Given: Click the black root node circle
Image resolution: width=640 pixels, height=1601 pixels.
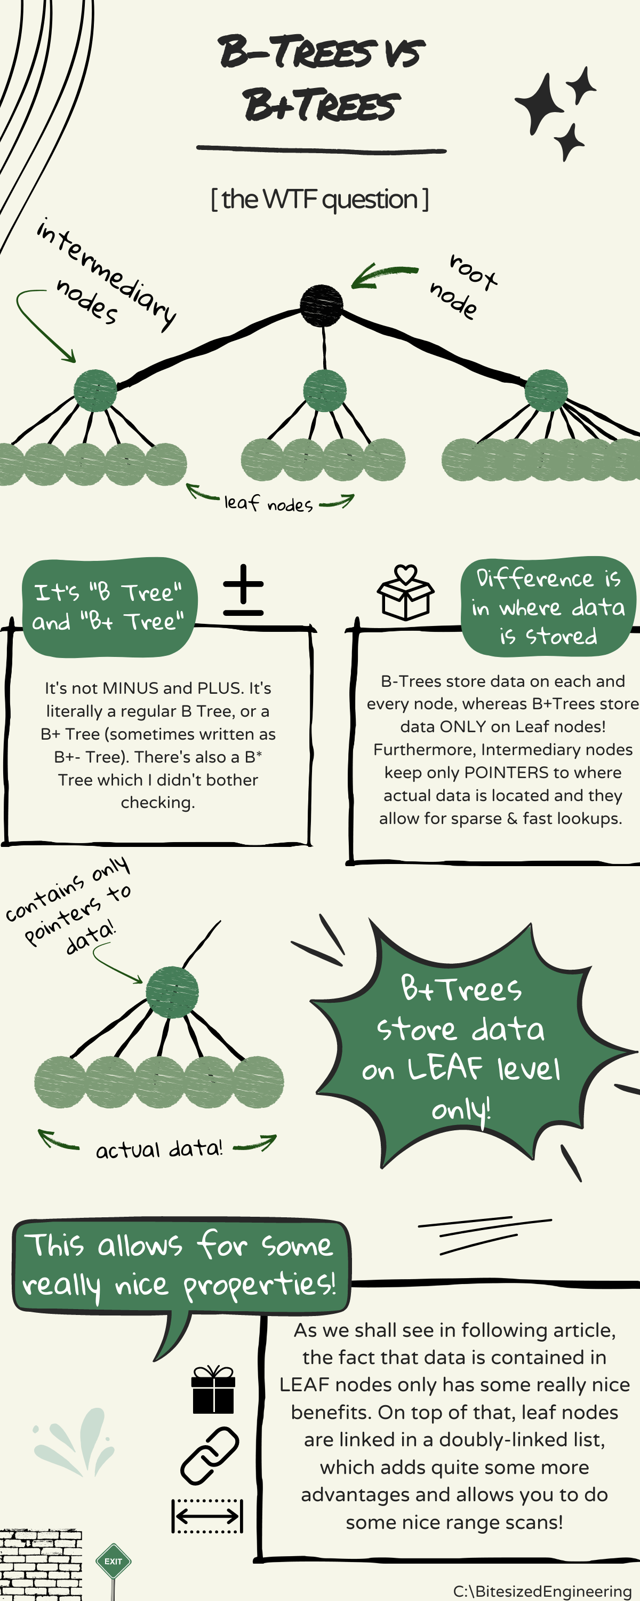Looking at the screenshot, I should (321, 306).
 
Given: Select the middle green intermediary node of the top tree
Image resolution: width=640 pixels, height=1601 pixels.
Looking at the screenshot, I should (324, 390).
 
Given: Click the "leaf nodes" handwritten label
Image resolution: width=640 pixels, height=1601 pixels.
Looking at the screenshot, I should (268, 503).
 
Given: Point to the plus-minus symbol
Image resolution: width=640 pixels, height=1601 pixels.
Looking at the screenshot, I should (243, 590).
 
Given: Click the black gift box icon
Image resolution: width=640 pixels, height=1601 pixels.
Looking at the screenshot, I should (213, 1390).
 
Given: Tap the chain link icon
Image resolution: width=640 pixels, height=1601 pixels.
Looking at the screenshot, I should (210, 1455).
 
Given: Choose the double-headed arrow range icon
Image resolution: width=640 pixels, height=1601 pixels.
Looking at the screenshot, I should (207, 1515).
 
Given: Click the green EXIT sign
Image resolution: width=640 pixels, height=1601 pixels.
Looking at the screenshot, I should (113, 1560).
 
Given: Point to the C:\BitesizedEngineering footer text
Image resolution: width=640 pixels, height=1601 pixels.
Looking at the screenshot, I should (542, 1591).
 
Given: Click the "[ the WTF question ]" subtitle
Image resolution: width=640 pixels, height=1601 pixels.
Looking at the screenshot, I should (319, 200).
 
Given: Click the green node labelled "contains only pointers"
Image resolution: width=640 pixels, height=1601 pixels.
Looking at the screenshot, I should (172, 993).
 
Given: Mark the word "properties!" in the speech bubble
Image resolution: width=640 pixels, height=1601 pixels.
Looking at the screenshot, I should (259, 1284).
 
